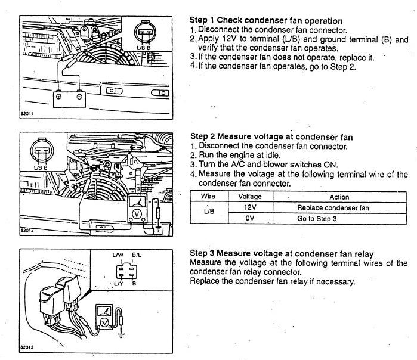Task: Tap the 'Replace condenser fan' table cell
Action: pyautogui.click(x=338, y=208)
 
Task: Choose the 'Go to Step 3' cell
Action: pyautogui.click(x=338, y=219)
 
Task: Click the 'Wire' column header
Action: pyautogui.click(x=208, y=197)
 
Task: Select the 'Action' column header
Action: pyautogui.click(x=338, y=197)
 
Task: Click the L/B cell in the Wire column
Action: pyautogui.click(x=208, y=213)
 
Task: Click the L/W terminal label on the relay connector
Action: pyautogui.click(x=118, y=255)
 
